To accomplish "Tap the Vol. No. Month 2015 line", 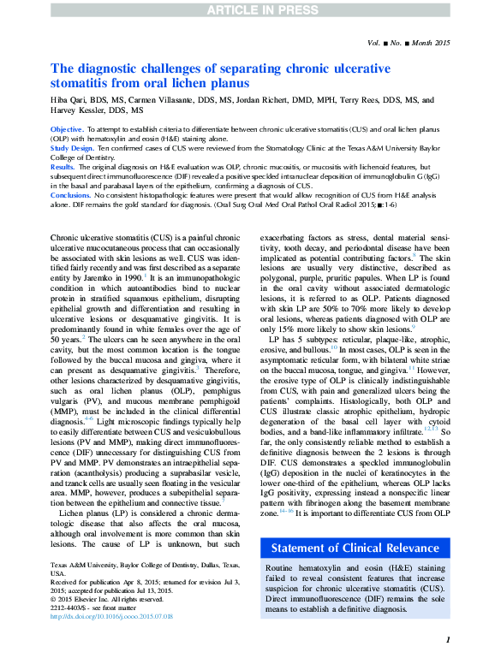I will coord(408,42).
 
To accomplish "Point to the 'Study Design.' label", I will coord(74,146).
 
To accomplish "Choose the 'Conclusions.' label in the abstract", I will coord(72,195).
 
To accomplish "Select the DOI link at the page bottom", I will coord(111,616).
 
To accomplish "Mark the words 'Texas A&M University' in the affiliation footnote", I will coord(82,566).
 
